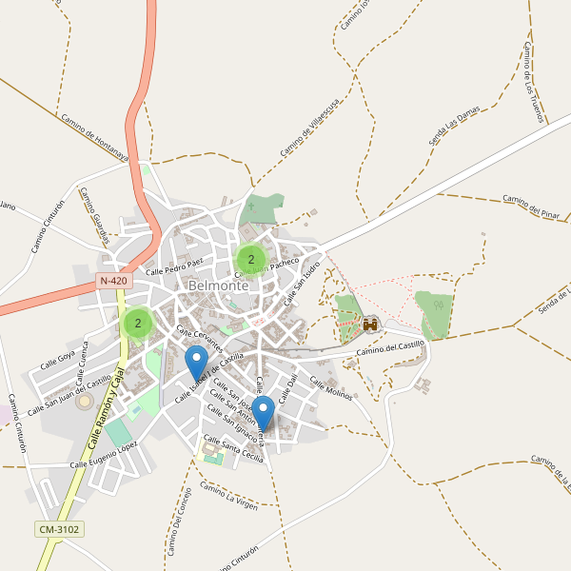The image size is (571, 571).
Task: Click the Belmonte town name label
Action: coord(219,285)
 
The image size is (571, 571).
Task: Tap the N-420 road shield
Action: coord(113,281)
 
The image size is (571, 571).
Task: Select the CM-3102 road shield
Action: coord(59,528)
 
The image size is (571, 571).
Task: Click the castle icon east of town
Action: coord(370,325)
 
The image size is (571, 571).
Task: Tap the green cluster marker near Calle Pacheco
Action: coord(251,259)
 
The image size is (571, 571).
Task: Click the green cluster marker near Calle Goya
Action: coord(138,324)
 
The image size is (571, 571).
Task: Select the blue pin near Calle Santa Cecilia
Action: coord(264,413)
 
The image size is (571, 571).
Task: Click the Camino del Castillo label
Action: coord(389,349)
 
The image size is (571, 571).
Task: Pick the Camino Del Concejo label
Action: coord(180,522)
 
